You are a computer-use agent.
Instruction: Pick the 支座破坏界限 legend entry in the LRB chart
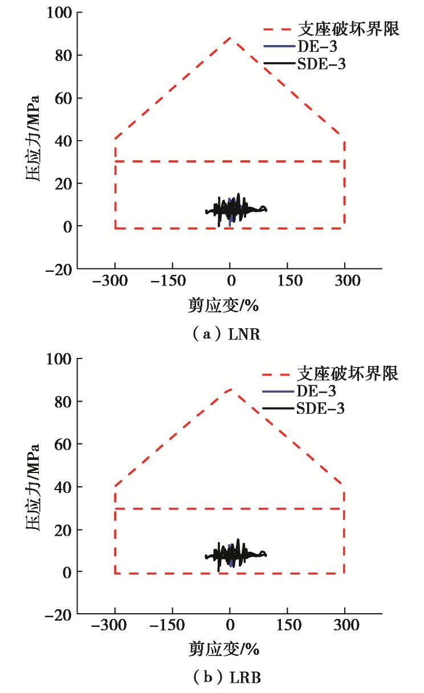coord(347,374)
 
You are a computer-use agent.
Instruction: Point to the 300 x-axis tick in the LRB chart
coord(344,626)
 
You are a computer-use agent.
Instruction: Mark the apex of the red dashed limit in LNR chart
coord(230,38)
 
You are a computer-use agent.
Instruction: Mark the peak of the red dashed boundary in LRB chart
coord(230,389)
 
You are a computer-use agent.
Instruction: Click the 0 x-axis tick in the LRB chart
coord(230,626)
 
